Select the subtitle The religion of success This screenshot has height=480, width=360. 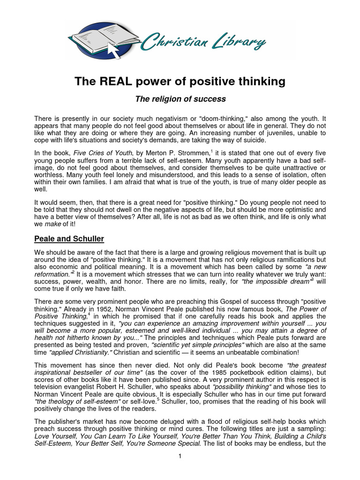(x=180, y=99)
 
